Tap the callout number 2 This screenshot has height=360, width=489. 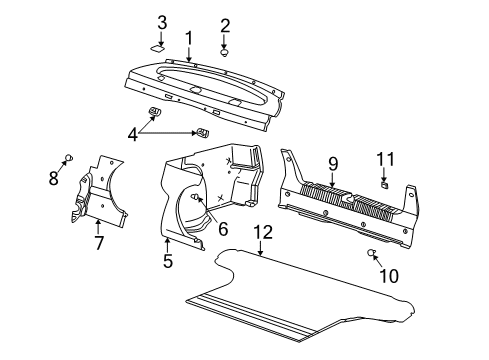pyautogui.click(x=225, y=26)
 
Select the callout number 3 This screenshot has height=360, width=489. pyautogui.click(x=162, y=22)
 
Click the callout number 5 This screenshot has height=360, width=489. pyautogui.click(x=168, y=262)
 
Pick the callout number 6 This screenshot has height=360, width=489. pyautogui.click(x=222, y=229)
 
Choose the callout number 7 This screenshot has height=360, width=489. pyautogui.click(x=98, y=243)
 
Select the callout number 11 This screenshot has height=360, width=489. pyautogui.click(x=386, y=159)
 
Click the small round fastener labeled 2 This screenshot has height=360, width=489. pyautogui.click(x=225, y=50)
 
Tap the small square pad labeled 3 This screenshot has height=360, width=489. pyautogui.click(x=159, y=44)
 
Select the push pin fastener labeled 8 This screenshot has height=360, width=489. pyautogui.click(x=69, y=157)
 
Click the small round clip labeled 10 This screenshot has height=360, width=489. pyautogui.click(x=371, y=253)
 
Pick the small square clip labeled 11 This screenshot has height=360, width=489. pyautogui.click(x=384, y=183)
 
